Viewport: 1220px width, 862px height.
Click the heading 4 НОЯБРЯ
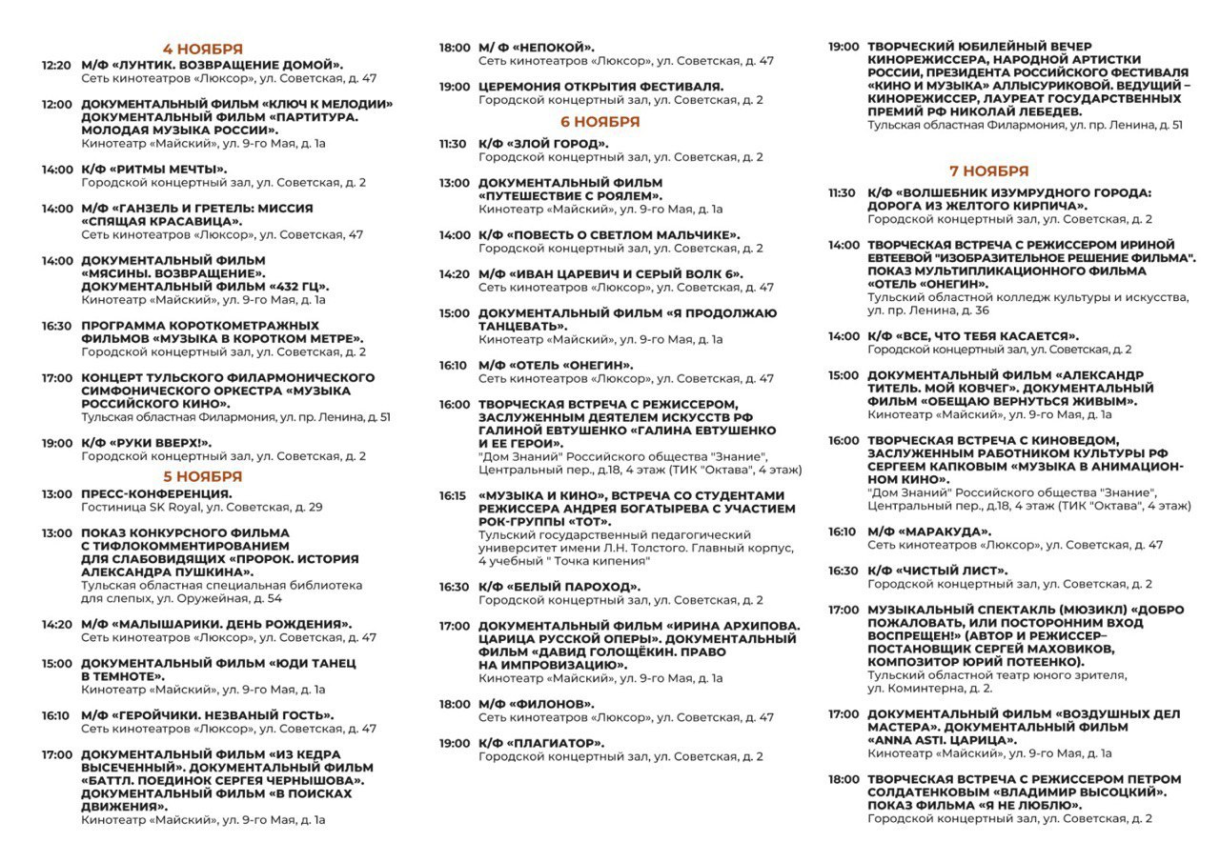point(202,49)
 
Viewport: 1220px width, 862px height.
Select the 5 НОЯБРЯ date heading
point(202,476)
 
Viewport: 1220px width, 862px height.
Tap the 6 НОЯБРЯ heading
point(600,122)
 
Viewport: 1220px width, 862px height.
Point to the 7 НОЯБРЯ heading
point(988,171)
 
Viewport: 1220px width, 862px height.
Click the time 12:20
point(56,66)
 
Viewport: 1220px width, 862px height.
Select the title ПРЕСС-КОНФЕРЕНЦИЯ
point(156,494)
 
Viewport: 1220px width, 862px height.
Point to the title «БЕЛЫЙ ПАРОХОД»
point(576,587)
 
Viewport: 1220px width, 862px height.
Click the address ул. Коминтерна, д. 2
point(929,689)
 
